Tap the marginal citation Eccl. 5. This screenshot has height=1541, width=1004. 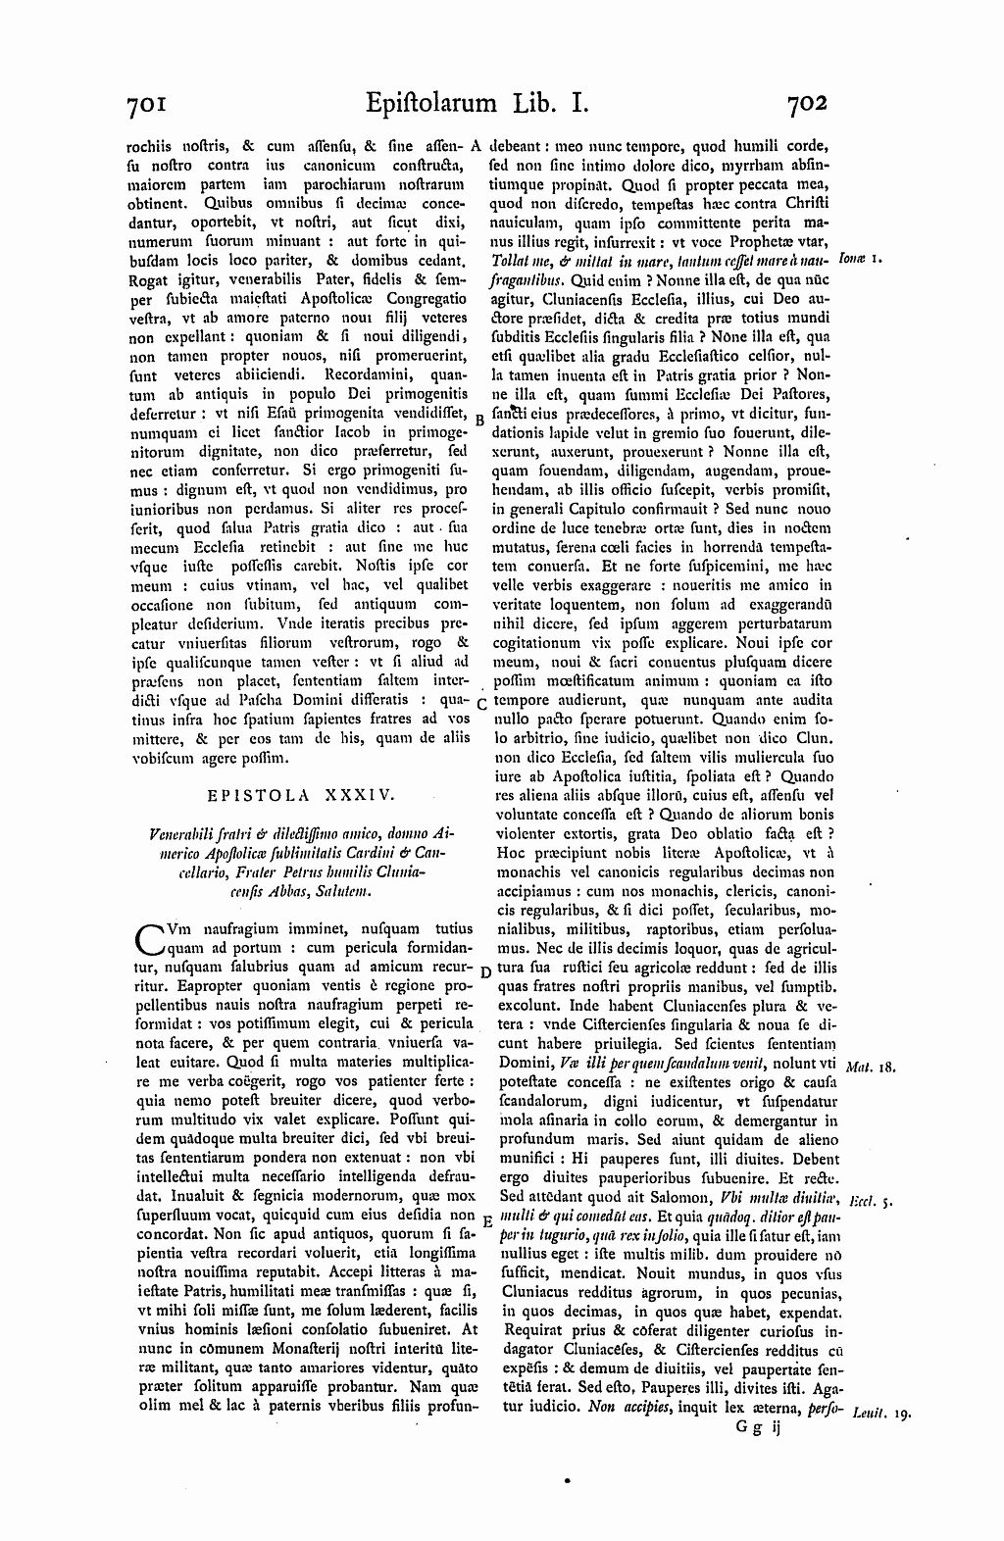click(x=870, y=1199)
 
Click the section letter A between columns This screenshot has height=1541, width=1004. click(x=477, y=144)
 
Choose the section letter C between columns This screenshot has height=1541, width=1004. click(x=480, y=704)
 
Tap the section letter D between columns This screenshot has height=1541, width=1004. click(x=484, y=970)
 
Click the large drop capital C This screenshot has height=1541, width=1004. click(x=148, y=936)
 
